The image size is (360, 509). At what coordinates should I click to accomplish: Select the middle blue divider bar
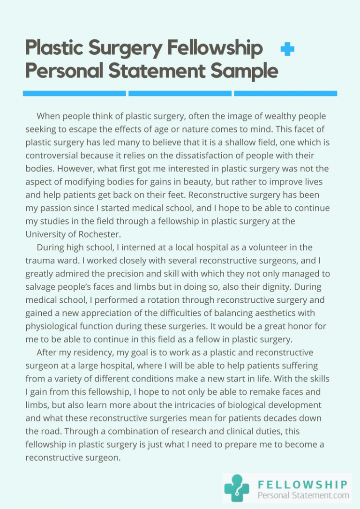(180, 93)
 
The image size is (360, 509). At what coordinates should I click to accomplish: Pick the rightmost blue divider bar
(285, 93)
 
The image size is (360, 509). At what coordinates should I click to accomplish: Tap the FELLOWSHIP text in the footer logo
(303, 484)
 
